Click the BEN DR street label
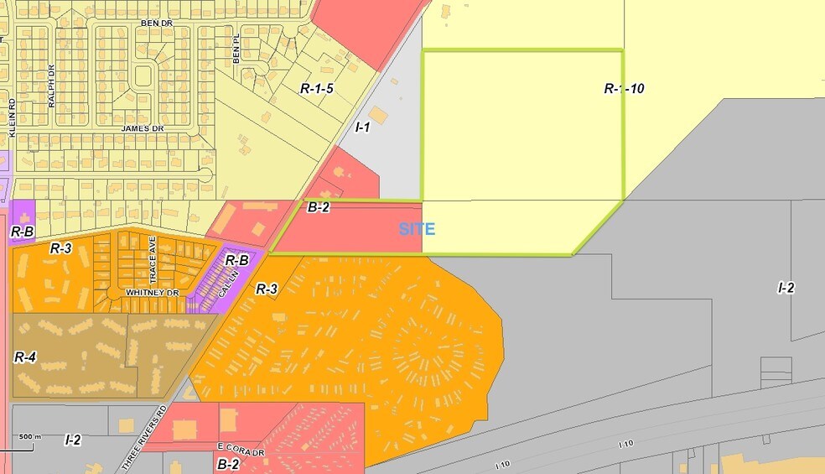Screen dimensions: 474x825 tap(156, 23)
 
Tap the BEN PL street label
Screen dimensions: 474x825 tap(236, 55)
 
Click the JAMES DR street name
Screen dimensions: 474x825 tap(140, 128)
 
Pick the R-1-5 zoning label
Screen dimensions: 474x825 tap(318, 88)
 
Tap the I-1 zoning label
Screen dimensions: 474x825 tap(363, 128)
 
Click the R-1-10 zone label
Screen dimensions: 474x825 tap(624, 88)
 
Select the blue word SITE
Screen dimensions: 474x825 tap(417, 228)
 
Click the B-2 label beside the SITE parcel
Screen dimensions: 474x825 tap(318, 207)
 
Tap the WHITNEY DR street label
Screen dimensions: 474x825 tap(153, 292)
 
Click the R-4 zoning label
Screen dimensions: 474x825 tap(25, 357)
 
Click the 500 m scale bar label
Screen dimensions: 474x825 tap(30, 437)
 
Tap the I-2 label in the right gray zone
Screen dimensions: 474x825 tap(786, 288)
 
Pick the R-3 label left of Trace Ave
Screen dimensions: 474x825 tap(61, 247)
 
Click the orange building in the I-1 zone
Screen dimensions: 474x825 tap(378, 115)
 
